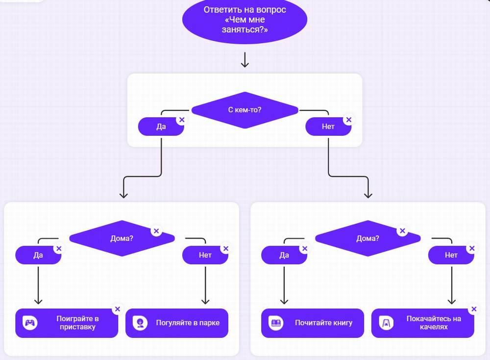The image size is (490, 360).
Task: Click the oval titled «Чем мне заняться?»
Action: [245, 20]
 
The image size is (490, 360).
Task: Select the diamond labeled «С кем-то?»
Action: [245, 110]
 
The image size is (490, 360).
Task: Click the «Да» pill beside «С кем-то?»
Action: [161, 127]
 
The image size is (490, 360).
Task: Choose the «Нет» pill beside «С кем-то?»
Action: [328, 127]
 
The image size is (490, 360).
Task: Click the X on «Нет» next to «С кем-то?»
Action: [348, 120]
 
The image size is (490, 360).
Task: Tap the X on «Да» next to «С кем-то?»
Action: [181, 120]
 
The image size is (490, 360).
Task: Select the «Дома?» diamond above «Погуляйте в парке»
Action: [122, 239]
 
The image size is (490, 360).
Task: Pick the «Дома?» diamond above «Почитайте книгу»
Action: [367, 239]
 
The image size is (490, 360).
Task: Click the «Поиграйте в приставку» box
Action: [67, 323]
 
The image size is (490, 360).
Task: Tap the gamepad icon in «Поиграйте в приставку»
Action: [30, 323]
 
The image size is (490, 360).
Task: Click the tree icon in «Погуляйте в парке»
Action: [141, 323]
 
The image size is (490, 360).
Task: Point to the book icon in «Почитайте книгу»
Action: [276, 323]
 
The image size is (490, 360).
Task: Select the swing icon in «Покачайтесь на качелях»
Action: [386, 323]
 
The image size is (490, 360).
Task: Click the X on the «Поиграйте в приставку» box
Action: [117, 309]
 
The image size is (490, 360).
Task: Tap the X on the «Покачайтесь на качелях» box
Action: [473, 309]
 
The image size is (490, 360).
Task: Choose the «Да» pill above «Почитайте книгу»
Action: [284, 255]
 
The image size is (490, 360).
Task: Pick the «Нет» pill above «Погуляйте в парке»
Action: [205, 255]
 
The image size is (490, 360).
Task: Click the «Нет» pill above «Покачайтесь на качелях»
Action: [451, 255]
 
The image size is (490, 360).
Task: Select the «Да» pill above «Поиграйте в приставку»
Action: [38, 255]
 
